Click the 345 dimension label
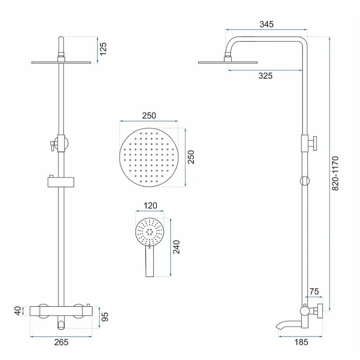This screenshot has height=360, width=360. (266, 24)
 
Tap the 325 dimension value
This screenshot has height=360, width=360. (265, 76)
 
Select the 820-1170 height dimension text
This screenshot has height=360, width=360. (336, 173)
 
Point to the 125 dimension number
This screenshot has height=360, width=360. (103, 48)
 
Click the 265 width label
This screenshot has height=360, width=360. (61, 342)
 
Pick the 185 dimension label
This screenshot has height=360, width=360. (301, 342)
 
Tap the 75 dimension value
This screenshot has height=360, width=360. (314, 291)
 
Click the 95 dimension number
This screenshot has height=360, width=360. (105, 317)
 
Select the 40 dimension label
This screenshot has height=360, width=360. (18, 311)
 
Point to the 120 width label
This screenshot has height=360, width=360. (150, 206)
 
